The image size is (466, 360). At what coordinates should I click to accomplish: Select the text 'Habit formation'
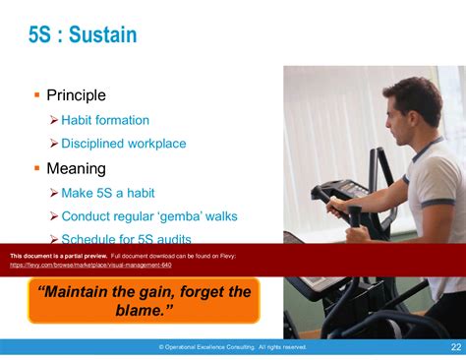105,120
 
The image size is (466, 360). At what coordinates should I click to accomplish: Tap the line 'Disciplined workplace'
123,144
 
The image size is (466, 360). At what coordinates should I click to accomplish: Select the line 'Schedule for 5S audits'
126,239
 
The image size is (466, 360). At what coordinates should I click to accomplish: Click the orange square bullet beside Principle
36,95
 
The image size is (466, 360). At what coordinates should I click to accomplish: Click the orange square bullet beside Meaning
36,168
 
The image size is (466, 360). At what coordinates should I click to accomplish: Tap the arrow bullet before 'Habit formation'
54,120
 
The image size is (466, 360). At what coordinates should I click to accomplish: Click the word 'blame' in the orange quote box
150,311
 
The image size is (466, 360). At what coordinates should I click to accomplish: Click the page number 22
456,346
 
